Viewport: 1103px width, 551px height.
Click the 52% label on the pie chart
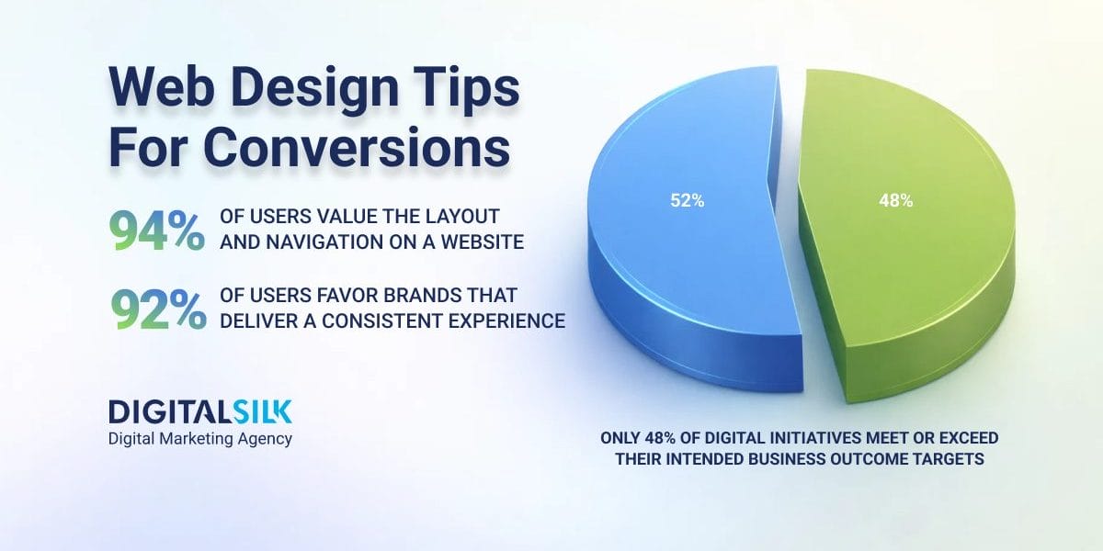(x=688, y=201)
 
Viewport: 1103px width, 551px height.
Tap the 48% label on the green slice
(x=895, y=201)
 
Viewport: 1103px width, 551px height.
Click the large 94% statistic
(x=156, y=231)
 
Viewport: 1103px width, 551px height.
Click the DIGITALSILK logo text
(x=200, y=410)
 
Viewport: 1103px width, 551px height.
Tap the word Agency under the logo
(x=264, y=438)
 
